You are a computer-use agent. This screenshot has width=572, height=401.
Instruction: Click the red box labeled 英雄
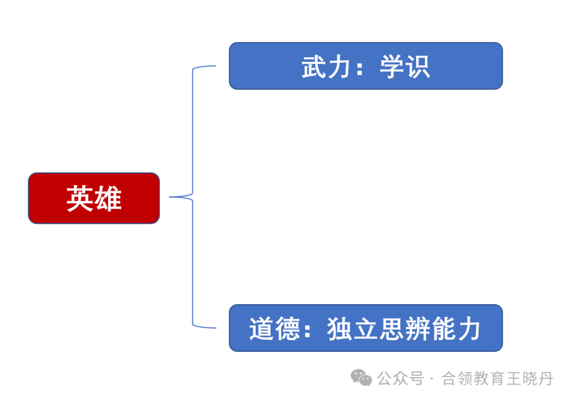[94, 198]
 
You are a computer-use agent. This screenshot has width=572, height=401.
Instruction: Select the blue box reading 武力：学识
[366, 66]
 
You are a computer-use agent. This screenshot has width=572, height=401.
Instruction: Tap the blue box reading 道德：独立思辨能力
[366, 328]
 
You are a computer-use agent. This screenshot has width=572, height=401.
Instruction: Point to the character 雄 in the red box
[108, 198]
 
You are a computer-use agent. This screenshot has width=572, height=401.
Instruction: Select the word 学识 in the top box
[405, 67]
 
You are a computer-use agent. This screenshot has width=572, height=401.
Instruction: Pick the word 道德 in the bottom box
[274, 329]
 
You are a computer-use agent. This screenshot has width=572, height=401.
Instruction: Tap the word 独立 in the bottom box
[353, 329]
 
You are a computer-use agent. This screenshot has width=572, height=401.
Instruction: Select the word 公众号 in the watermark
[400, 378]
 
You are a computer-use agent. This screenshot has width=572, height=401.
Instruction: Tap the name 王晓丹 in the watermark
[530, 378]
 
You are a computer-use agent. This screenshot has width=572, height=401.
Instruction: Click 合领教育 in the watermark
[473, 378]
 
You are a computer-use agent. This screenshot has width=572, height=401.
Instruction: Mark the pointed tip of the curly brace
[169, 197]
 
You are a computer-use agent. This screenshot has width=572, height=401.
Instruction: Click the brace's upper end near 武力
[216, 66]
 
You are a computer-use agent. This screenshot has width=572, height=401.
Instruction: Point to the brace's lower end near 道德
[216, 328]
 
